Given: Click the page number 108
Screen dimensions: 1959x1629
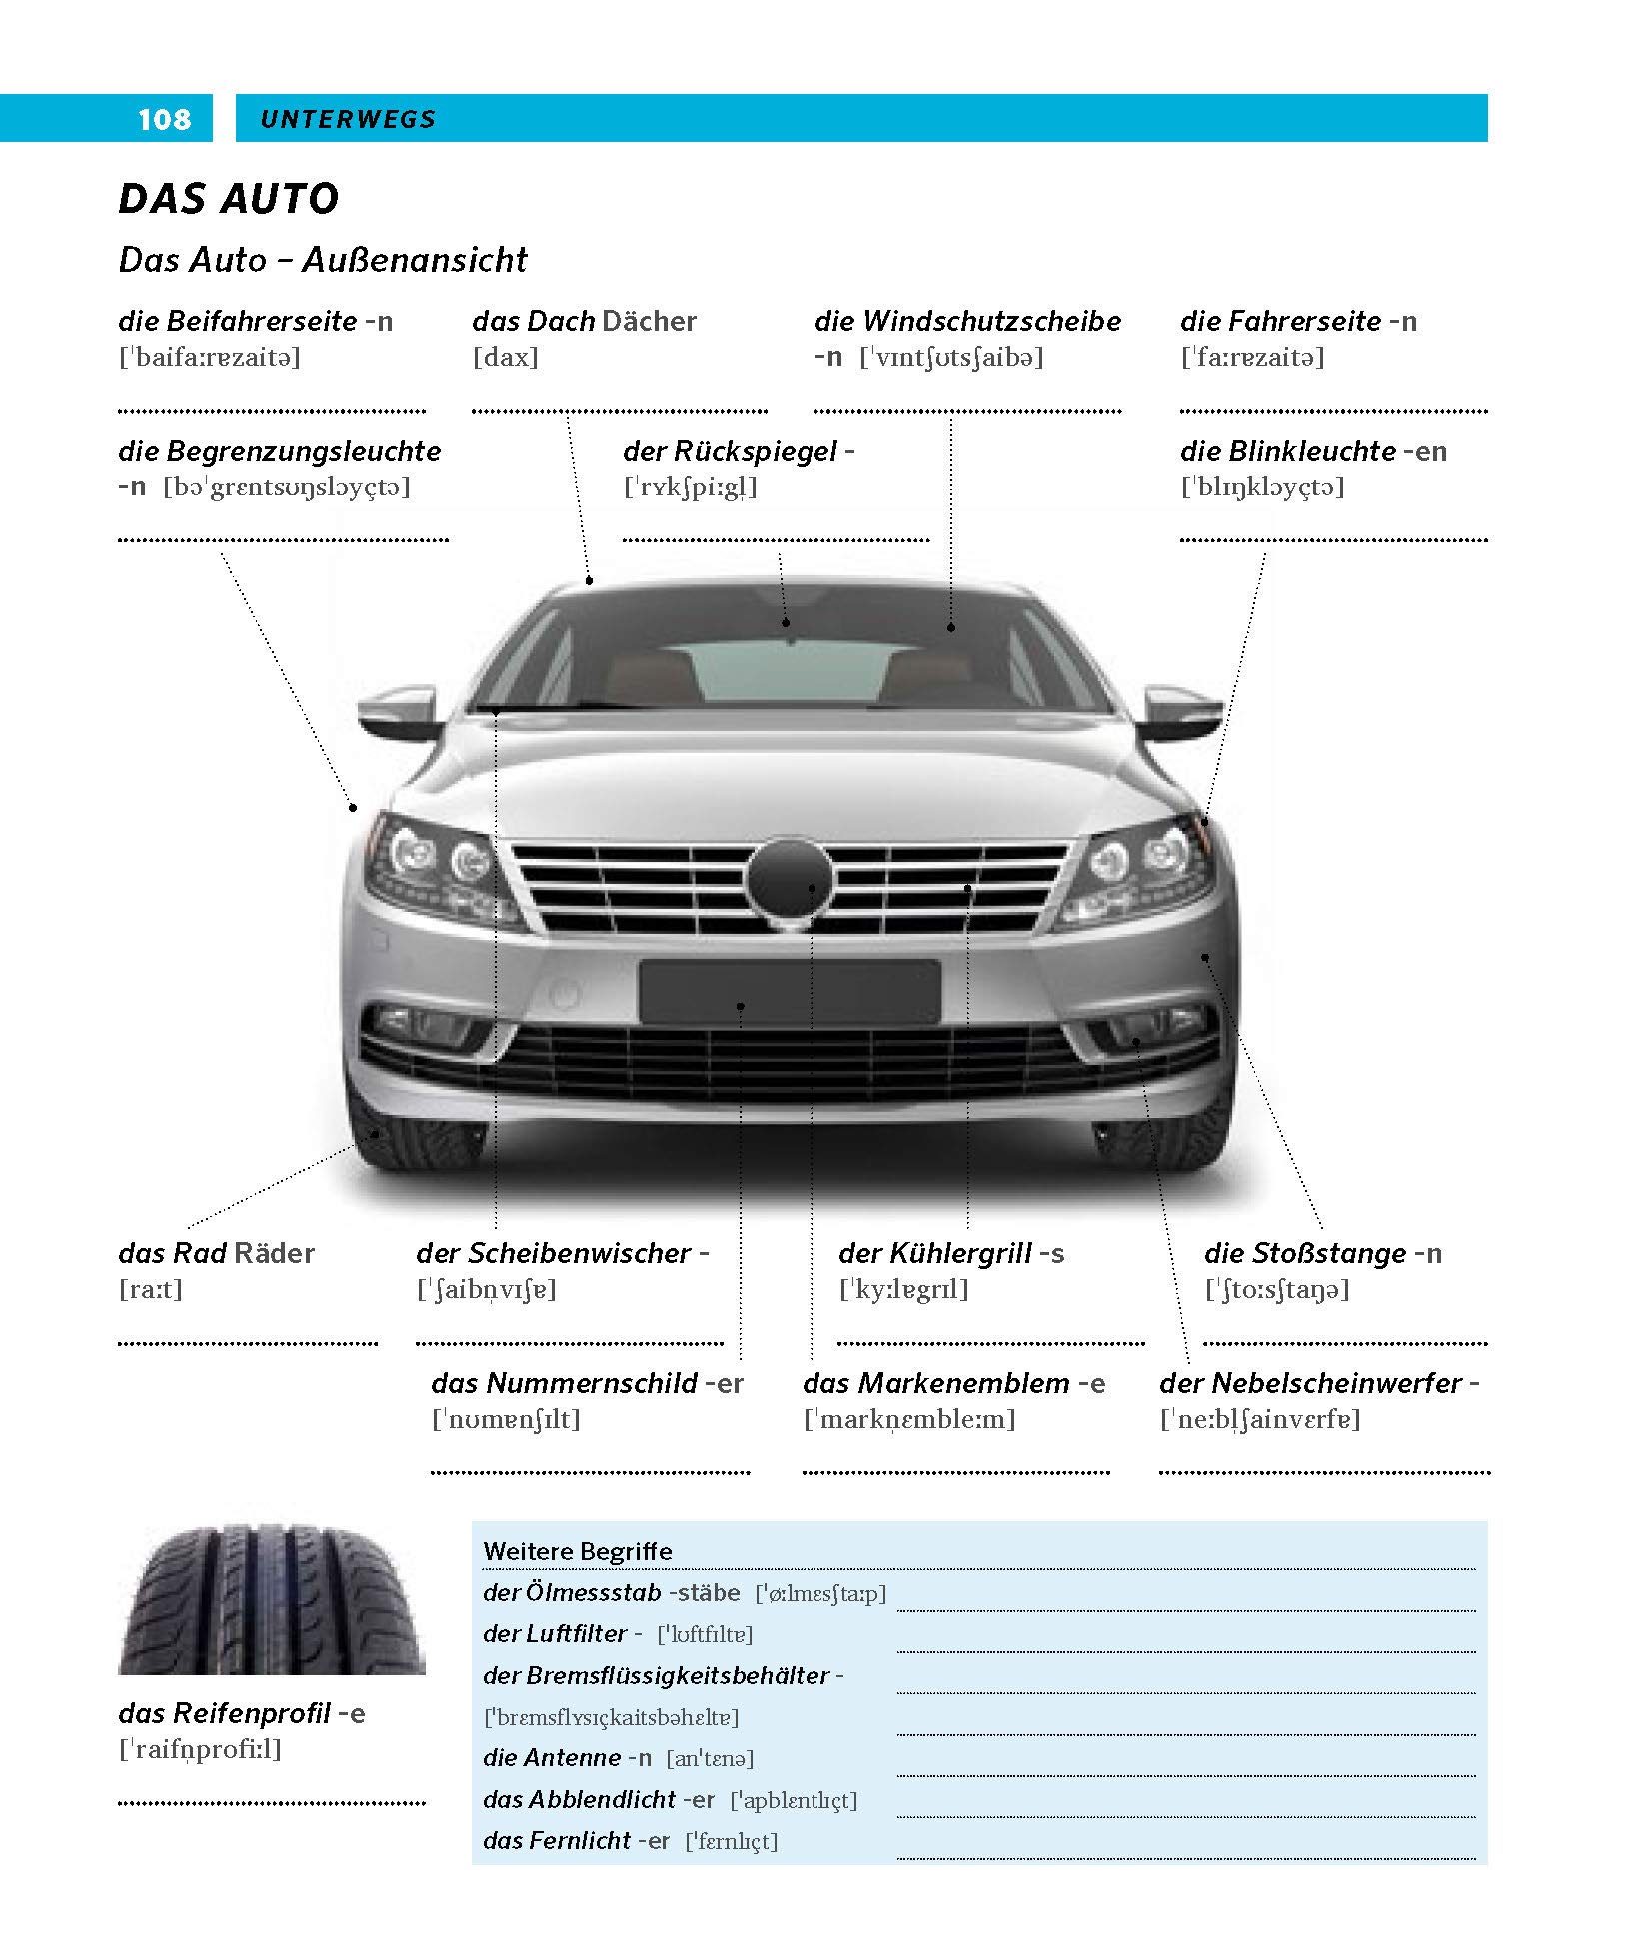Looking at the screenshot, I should [x=164, y=119].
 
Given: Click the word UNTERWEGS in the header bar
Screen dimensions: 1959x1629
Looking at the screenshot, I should [x=348, y=119].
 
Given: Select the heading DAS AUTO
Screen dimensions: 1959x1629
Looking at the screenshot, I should [x=229, y=198].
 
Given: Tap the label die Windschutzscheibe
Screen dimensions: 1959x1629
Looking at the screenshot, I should [x=967, y=321].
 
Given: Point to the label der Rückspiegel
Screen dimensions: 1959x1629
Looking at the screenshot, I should [x=731, y=451].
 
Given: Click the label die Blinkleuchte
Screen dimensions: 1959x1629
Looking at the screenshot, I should [x=1288, y=451].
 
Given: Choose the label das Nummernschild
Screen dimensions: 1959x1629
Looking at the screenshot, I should [x=564, y=1383].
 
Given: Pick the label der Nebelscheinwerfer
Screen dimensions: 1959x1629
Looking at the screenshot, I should [x=1310, y=1383].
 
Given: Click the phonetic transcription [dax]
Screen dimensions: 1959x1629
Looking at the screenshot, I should [x=505, y=357].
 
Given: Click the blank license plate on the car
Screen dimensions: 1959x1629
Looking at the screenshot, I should [x=790, y=992].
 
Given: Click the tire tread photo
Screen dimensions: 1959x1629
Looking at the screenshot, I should [x=272, y=1598].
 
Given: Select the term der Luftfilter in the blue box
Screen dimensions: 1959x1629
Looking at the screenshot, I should [x=555, y=1633].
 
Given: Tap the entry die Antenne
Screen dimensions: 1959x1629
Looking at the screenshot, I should [x=552, y=1757].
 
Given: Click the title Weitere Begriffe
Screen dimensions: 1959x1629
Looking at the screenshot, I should [x=578, y=1551].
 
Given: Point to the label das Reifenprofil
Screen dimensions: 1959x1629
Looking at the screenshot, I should [x=224, y=1713].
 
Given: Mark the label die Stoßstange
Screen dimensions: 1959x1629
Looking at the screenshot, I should [x=1305, y=1253].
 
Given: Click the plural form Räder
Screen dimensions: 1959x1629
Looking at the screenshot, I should [x=274, y=1253].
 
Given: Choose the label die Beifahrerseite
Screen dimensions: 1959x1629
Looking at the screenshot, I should [x=238, y=321].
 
